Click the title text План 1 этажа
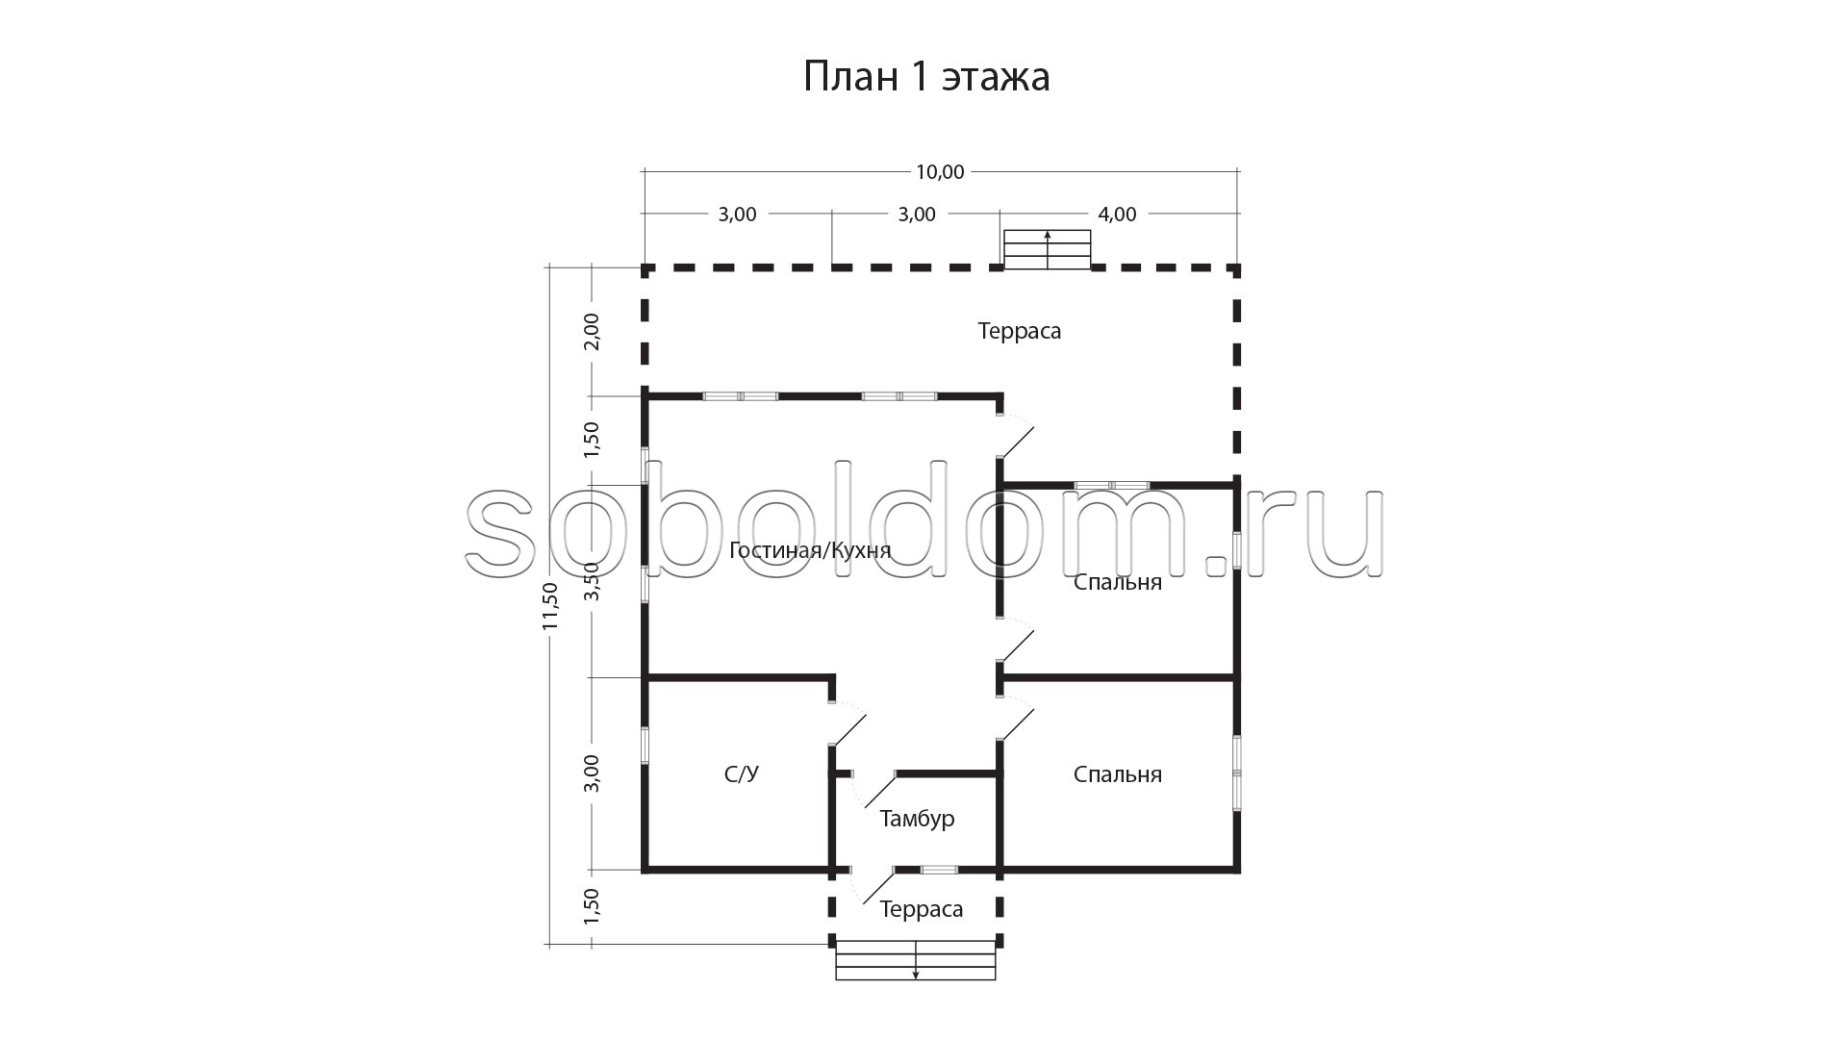point(926,77)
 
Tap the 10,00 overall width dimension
point(940,172)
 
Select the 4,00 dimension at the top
point(1117,215)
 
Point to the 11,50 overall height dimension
point(550,606)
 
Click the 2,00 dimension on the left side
point(592,331)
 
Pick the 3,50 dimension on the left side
point(592,581)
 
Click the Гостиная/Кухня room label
point(810,550)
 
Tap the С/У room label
point(742,774)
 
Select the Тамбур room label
point(917,819)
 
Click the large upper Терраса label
point(1020,331)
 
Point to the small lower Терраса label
point(922,909)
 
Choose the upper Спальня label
point(1118,582)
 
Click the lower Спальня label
point(1118,774)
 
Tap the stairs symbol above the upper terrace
point(1048,249)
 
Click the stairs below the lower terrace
point(916,960)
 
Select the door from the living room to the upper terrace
point(1015,436)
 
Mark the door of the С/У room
point(848,724)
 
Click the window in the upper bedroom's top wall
point(1112,485)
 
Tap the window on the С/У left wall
point(645,746)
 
